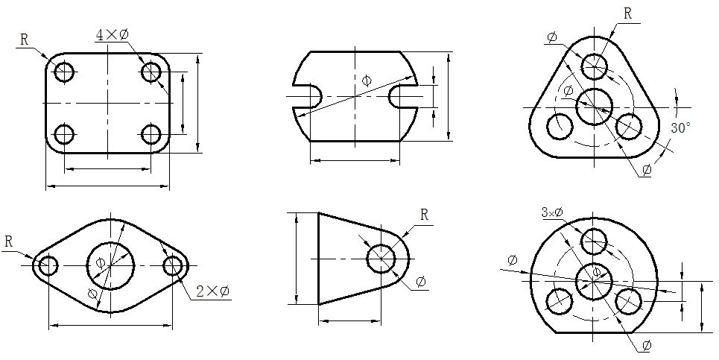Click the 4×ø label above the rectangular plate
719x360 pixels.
[112, 35]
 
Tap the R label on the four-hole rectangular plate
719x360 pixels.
[25, 40]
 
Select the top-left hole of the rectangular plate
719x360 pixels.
[64, 71]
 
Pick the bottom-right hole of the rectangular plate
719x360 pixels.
[151, 134]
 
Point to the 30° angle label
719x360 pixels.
[680, 127]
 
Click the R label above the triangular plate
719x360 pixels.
[628, 13]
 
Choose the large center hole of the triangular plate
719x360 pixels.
[595, 107]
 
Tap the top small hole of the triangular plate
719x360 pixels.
[595, 66]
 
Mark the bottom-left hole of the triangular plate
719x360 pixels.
[560, 124]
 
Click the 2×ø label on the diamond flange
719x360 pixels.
[213, 291]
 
